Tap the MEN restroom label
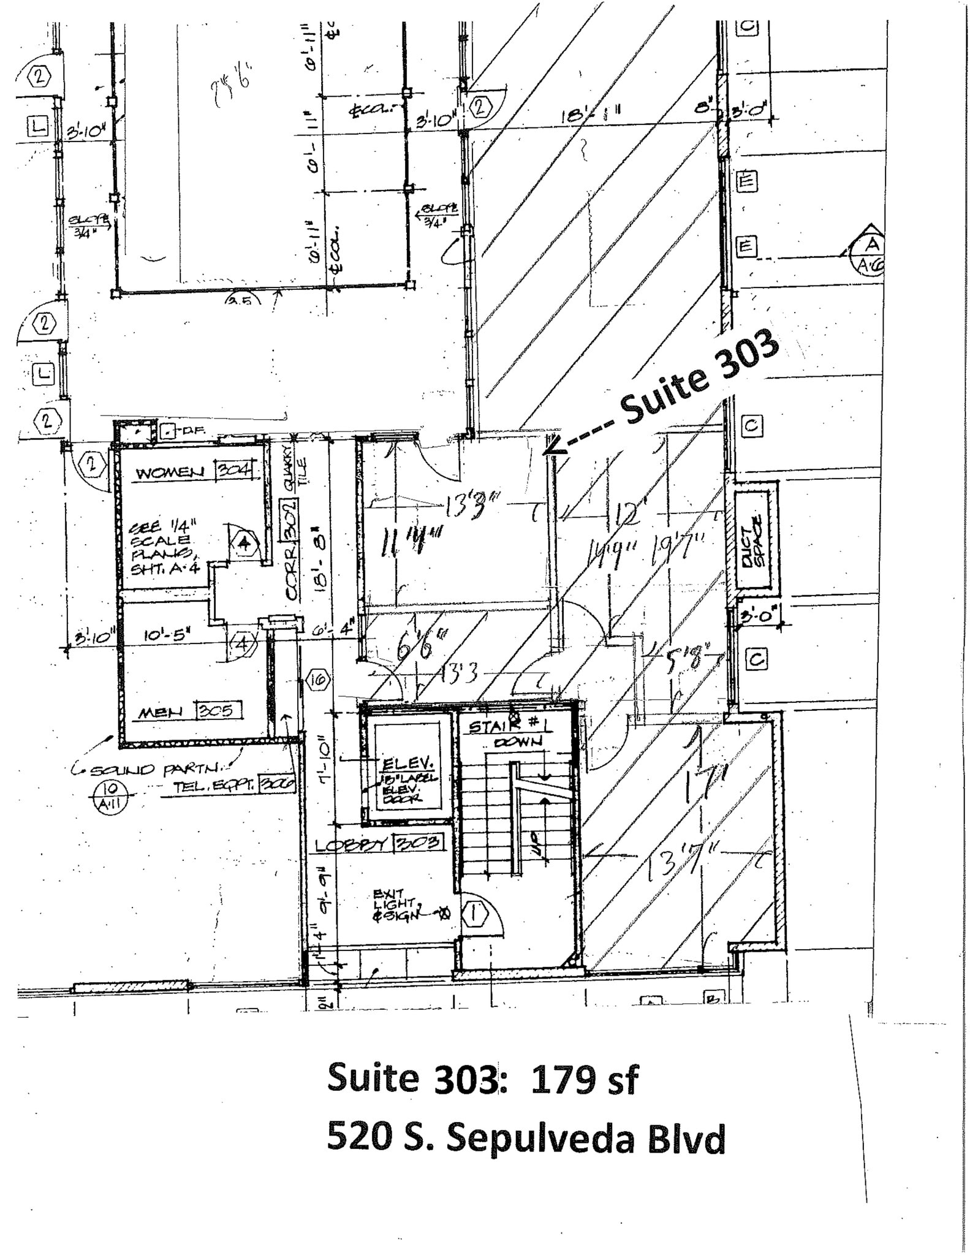[161, 712]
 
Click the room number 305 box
[218, 711]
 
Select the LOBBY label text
[352, 845]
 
